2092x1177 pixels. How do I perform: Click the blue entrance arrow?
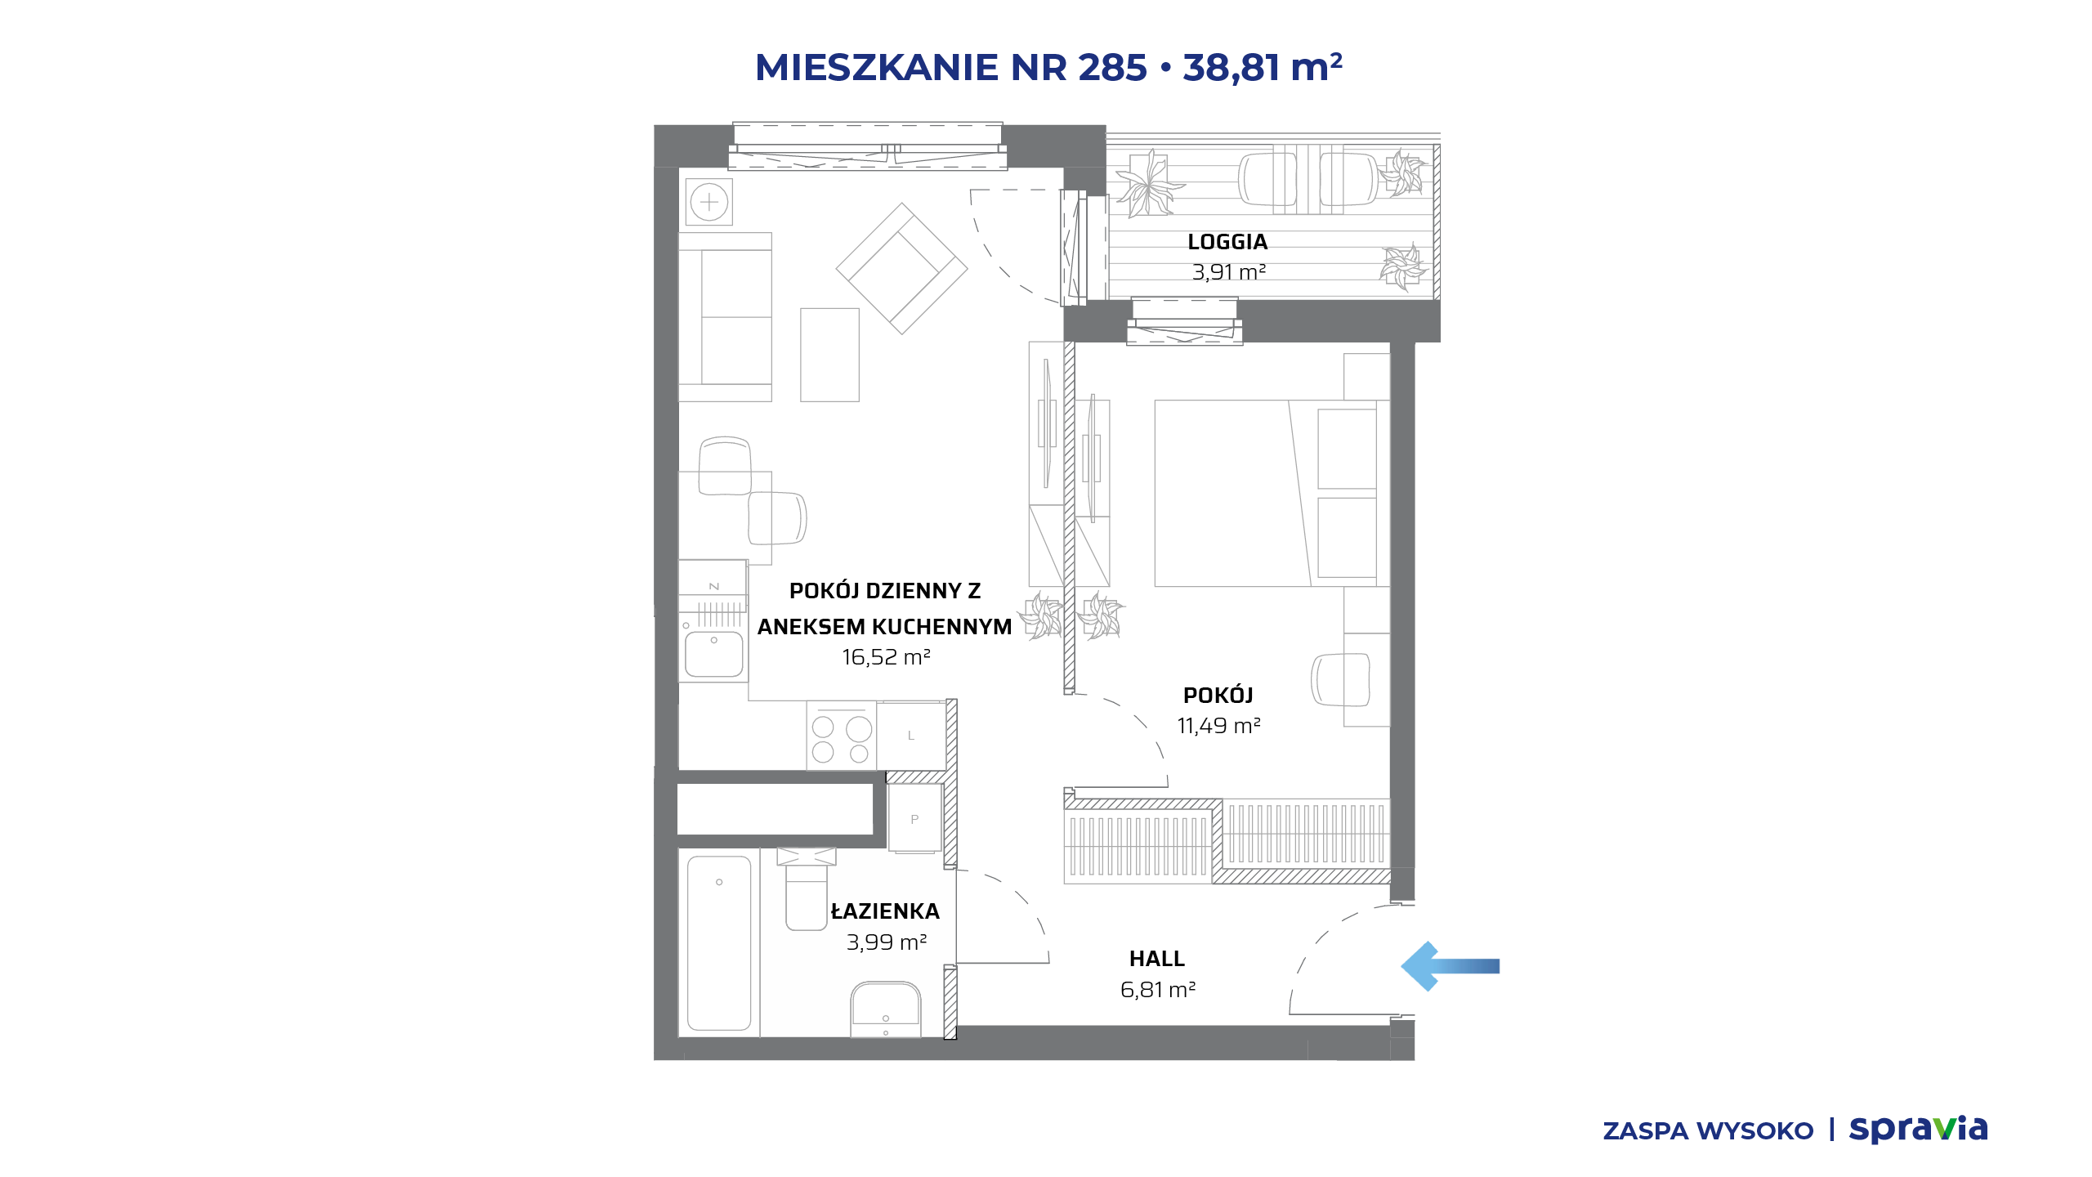(1451, 966)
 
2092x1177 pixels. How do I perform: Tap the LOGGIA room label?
(1227, 242)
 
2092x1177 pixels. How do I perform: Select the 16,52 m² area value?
(887, 657)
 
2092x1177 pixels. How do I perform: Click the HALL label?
(1157, 959)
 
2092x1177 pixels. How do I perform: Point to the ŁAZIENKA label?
(885, 911)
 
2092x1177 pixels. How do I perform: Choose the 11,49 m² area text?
(1218, 726)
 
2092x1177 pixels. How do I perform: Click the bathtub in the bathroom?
(719, 942)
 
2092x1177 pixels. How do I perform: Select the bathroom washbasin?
(886, 1009)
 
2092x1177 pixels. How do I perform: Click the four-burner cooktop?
(841, 735)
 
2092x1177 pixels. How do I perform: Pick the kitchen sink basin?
(713, 654)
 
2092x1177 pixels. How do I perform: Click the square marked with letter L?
(911, 736)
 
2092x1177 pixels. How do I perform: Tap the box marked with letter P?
(915, 818)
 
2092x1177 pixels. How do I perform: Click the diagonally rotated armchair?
(901, 268)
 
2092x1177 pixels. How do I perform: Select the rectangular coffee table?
(829, 355)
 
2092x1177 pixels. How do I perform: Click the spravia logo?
(1918, 1130)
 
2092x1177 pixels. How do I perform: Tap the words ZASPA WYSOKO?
(1708, 1131)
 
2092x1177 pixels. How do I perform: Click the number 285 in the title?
(1112, 67)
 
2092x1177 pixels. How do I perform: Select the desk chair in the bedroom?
(1340, 679)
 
